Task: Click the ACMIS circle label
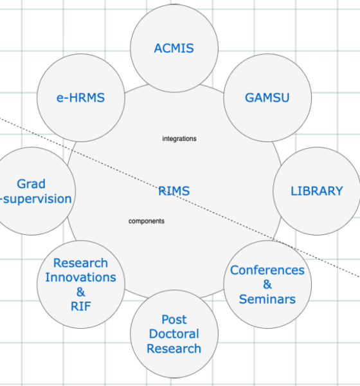tap(174, 48)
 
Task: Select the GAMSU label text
tap(267, 98)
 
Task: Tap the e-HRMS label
tap(81, 98)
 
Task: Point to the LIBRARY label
tap(317, 191)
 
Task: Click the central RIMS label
tap(174, 191)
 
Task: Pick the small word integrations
tap(179, 139)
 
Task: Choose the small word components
tap(147, 221)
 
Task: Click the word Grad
tap(32, 184)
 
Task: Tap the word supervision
tap(37, 199)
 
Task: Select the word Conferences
tap(267, 270)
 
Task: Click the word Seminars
tap(267, 299)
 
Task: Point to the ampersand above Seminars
tap(267, 284)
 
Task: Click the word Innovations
tap(81, 277)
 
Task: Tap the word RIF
tap(81, 306)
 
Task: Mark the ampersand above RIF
tap(81, 292)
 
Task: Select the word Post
tap(174, 320)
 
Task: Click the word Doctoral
tap(174, 334)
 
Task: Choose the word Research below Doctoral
tap(174, 349)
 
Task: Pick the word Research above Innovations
tap(81, 263)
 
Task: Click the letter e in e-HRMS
tap(60, 98)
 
